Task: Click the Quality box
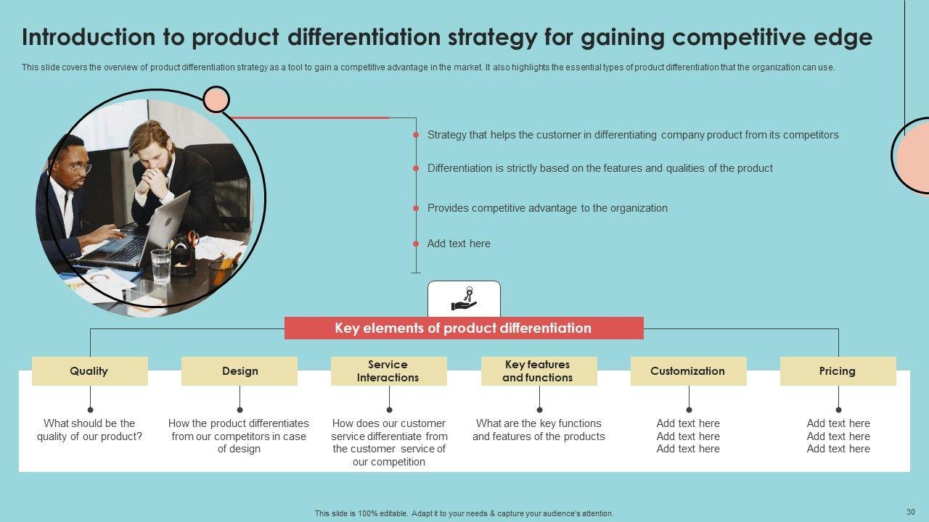coord(89,371)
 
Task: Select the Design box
coord(240,371)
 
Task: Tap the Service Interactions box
coord(388,371)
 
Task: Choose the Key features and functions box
coord(539,371)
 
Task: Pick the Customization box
coord(688,371)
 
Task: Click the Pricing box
coord(838,371)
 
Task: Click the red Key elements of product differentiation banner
coord(463,328)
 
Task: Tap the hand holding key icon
coord(464,299)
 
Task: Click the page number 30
coord(911,511)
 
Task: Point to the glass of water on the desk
coord(160,265)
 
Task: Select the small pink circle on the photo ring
coord(216,99)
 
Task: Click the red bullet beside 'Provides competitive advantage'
coord(416,208)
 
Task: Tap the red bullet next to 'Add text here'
coord(416,244)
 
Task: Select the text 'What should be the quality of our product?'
coord(90,430)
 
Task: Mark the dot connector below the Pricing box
coord(838,410)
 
